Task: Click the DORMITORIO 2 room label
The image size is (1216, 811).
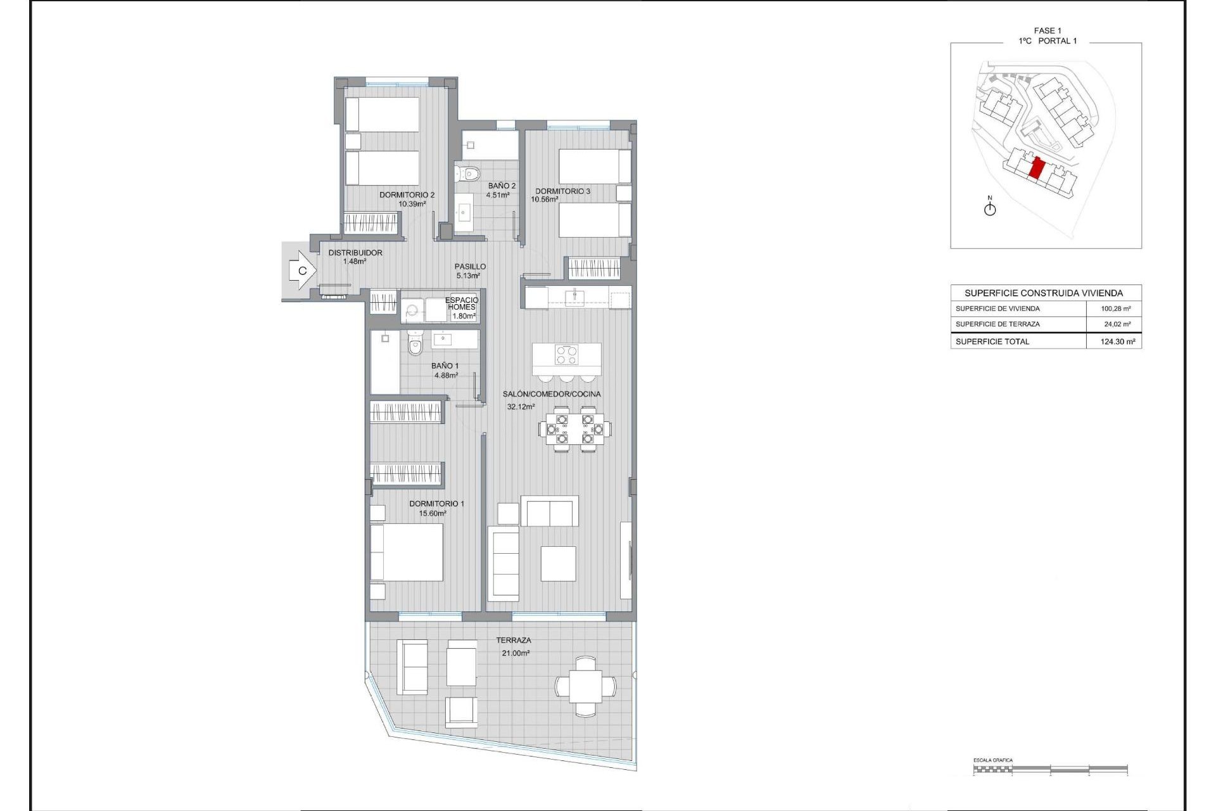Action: click(x=407, y=195)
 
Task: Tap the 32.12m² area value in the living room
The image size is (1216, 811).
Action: click(x=521, y=407)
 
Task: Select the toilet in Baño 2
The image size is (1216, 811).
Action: click(x=469, y=172)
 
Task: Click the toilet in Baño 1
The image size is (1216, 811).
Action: click(x=415, y=346)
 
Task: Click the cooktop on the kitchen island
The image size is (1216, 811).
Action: click(x=566, y=355)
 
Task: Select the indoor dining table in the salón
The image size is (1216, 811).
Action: click(x=575, y=429)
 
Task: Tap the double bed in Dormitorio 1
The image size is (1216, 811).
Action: click(x=407, y=552)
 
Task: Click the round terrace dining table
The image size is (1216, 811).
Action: click(x=585, y=686)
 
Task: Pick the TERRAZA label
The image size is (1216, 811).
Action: click(x=514, y=641)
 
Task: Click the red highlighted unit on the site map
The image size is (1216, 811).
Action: click(x=1037, y=169)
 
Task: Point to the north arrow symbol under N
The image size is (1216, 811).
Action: click(x=990, y=208)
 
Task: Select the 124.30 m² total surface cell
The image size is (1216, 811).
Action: click(x=1117, y=342)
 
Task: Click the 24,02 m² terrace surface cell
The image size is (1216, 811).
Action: click(x=1117, y=324)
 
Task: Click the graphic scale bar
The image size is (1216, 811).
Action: click(x=1050, y=769)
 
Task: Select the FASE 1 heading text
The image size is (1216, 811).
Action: click(x=1048, y=30)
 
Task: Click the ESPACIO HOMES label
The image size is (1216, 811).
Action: click(x=462, y=303)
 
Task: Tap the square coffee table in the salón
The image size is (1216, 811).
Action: click(x=558, y=563)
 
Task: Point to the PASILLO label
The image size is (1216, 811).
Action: click(x=470, y=267)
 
